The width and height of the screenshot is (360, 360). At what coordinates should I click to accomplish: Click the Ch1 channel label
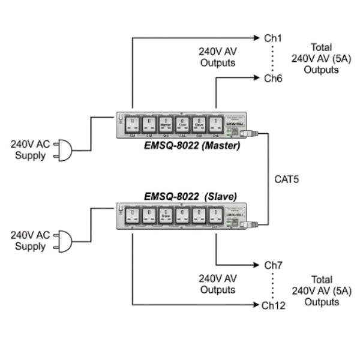point(273,38)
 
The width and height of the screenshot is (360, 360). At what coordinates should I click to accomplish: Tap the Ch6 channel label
point(273,78)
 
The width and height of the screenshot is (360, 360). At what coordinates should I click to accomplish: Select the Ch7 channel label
point(273,265)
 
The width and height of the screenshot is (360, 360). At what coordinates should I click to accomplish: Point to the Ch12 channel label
point(273,305)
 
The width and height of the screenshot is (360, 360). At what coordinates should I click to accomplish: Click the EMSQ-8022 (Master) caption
point(191,145)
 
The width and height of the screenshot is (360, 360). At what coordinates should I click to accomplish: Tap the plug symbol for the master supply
point(63,151)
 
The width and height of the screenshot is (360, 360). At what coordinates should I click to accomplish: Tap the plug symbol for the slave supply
point(63,241)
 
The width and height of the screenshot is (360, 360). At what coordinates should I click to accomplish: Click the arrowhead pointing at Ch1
point(257,38)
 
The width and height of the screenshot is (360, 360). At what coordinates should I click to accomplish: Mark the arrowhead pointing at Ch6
point(257,78)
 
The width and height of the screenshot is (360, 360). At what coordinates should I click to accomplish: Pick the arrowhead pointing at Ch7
point(257,265)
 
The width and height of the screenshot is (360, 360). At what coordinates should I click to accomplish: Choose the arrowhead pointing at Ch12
point(257,305)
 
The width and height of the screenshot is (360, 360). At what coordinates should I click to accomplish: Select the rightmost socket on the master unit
point(215,125)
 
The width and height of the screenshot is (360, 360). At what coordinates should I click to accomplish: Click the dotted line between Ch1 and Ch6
point(273,58)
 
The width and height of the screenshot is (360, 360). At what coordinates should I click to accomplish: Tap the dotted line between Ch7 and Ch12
point(273,285)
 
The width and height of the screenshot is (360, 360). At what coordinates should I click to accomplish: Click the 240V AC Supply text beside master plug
point(30,150)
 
